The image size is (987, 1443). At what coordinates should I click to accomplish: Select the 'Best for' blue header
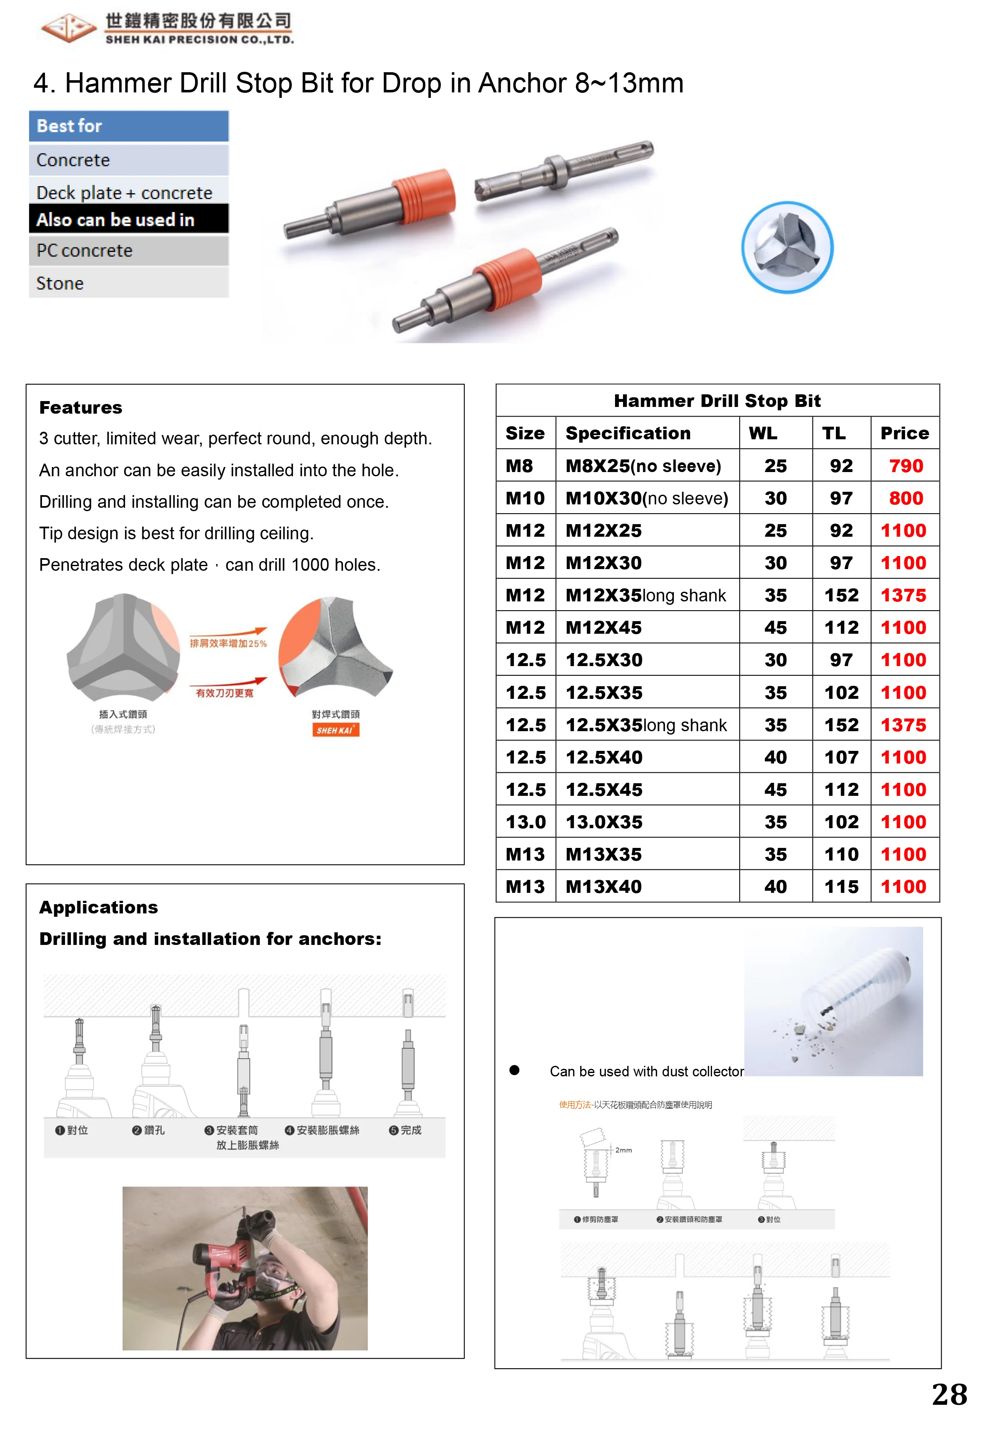click(128, 126)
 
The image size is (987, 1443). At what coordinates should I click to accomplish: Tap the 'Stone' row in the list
click(128, 283)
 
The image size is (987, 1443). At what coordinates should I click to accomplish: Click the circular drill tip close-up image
click(787, 247)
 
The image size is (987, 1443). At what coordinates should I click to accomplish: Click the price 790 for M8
click(905, 466)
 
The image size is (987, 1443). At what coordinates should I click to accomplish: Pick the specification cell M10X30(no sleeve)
click(646, 498)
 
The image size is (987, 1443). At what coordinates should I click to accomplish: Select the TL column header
click(834, 433)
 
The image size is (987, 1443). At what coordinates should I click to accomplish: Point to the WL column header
click(763, 433)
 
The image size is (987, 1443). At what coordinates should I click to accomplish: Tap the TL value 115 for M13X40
click(841, 887)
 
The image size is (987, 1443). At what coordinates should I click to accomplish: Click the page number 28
click(948, 1395)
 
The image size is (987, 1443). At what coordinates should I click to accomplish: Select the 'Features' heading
click(81, 407)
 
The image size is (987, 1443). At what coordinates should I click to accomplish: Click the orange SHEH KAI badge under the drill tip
click(335, 730)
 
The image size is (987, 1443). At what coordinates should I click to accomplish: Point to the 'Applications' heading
click(98, 907)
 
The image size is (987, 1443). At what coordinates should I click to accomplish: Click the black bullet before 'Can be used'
click(514, 1070)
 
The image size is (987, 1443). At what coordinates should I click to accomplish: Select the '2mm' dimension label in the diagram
click(623, 1150)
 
